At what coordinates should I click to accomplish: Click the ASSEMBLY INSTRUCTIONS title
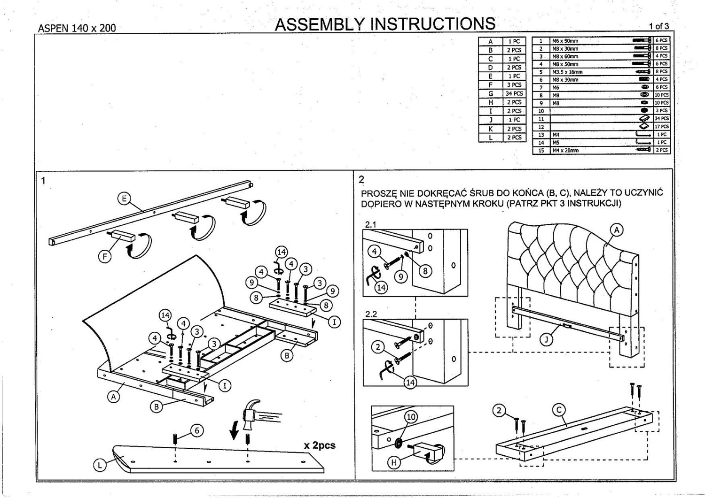(x=384, y=23)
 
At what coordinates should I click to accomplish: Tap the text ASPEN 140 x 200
(x=77, y=28)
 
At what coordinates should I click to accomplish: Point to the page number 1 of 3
(x=658, y=26)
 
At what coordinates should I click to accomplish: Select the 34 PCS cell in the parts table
(x=514, y=93)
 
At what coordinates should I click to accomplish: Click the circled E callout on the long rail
(x=124, y=199)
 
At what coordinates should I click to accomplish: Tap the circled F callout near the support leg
(x=105, y=256)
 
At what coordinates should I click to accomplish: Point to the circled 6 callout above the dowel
(x=197, y=430)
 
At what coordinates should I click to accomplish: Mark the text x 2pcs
(x=320, y=445)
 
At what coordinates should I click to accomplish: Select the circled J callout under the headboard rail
(x=546, y=340)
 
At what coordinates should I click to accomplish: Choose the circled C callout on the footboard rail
(x=559, y=410)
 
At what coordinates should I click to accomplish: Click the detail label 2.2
(x=371, y=314)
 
